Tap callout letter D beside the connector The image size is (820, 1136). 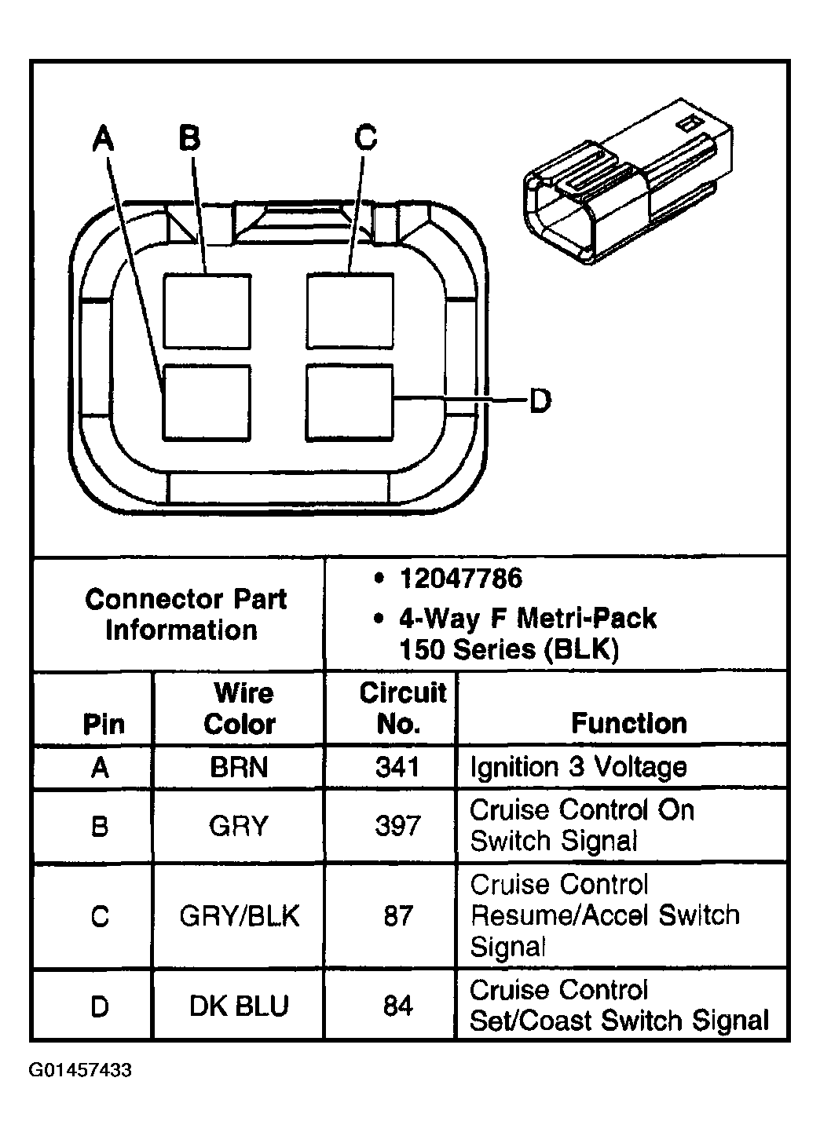tap(540, 401)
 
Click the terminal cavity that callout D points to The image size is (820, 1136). tap(350, 402)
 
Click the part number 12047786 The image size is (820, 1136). tap(460, 579)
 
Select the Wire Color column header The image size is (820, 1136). tap(239, 708)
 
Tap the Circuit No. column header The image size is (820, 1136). tap(401, 708)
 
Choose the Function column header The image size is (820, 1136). tap(628, 723)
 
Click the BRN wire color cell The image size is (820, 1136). tap(239, 767)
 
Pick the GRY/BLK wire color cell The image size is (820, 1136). tap(239, 916)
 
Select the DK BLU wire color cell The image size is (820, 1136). tap(239, 1006)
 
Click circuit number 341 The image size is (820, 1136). tap(397, 767)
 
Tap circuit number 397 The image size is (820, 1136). tap(397, 826)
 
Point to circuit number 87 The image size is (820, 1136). tap(397, 916)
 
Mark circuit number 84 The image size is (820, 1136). tap(397, 1006)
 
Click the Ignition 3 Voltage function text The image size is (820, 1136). tap(578, 767)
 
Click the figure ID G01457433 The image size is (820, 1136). tap(80, 1071)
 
